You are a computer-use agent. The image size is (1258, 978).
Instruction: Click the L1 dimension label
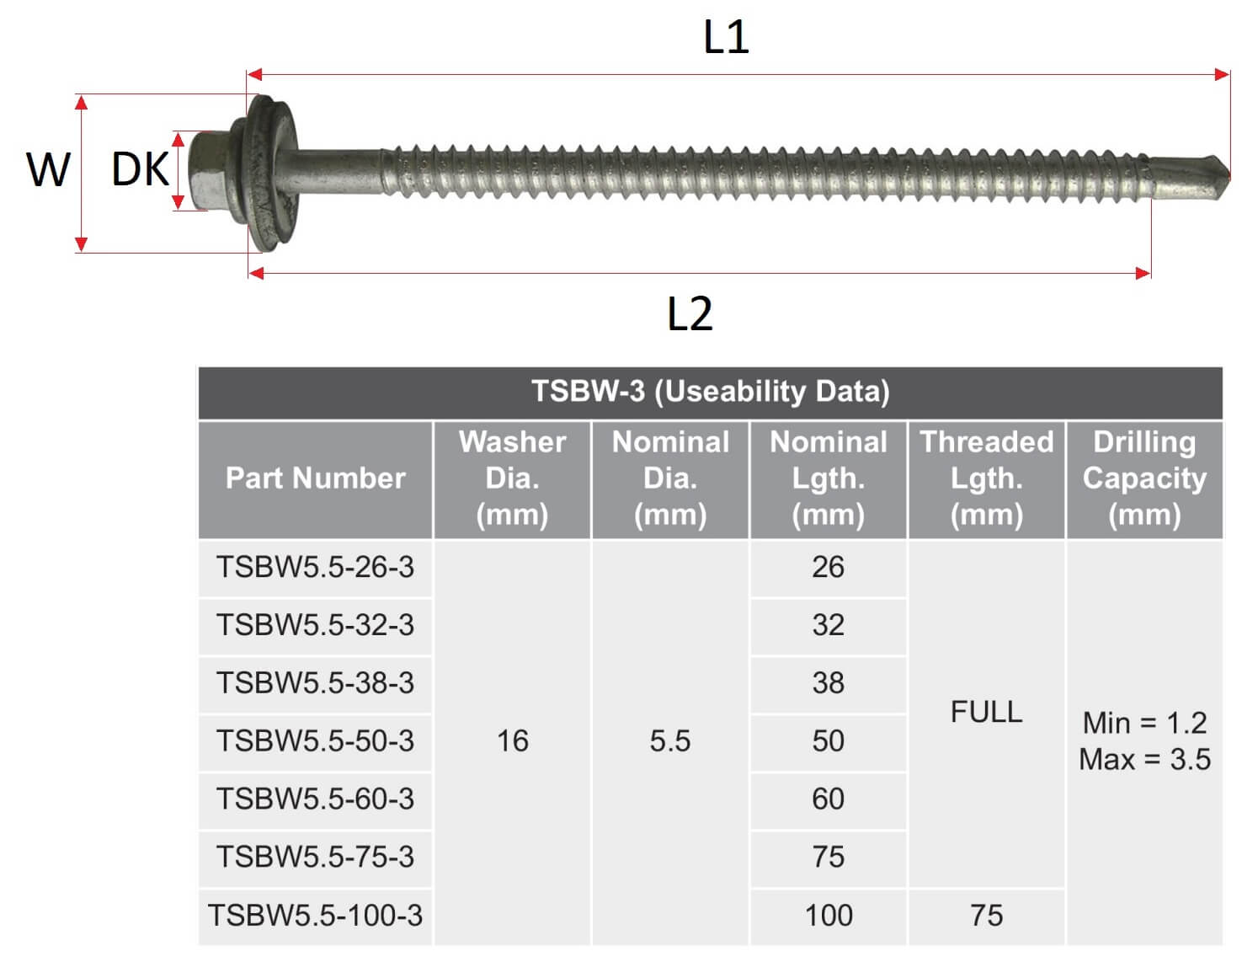tap(725, 37)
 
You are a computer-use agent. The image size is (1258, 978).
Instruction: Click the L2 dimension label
tap(689, 313)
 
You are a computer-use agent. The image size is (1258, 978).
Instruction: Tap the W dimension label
tap(48, 169)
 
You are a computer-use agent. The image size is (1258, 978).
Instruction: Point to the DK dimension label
tap(140, 169)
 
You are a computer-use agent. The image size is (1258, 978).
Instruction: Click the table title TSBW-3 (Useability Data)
tap(710, 391)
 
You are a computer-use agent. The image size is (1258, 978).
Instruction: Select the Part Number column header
tap(315, 478)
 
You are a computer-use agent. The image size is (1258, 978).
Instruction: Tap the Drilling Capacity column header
tap(1144, 478)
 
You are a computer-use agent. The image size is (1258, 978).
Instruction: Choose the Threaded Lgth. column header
tap(986, 478)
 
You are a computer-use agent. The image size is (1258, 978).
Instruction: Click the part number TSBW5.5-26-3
tap(315, 567)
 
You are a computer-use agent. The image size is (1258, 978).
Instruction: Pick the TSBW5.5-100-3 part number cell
tap(315, 916)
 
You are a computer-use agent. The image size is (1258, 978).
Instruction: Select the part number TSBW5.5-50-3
tap(315, 741)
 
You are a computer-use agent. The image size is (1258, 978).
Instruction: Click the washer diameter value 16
tap(512, 741)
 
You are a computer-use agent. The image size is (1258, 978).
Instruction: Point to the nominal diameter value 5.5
tap(669, 741)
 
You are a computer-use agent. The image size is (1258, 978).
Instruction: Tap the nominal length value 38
tap(828, 683)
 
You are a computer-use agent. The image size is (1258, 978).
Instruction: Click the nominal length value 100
tap(828, 916)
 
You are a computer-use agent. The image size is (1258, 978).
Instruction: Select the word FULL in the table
tap(986, 712)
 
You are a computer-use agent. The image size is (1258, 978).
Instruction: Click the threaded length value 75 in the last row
tap(986, 916)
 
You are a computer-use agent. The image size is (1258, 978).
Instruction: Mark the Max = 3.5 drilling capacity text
tap(1144, 759)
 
